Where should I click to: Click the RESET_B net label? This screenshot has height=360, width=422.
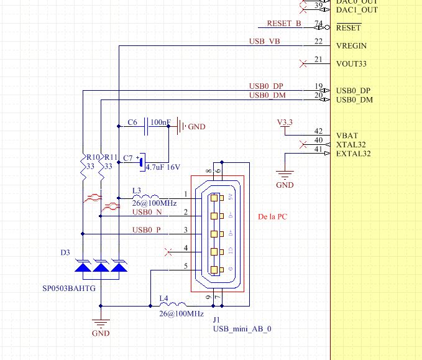coord(283,24)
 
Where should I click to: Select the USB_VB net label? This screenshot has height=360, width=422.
coord(264,42)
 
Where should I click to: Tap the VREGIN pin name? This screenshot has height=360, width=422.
coord(351,45)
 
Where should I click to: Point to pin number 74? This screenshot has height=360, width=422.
coord(318,24)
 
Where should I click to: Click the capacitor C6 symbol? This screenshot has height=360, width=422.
coord(147,127)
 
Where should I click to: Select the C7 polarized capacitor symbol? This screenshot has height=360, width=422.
coord(141,162)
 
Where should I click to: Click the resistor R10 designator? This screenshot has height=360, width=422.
coord(93,158)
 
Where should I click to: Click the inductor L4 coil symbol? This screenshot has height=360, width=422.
coord(163,305)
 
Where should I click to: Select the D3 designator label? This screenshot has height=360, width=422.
coord(65,253)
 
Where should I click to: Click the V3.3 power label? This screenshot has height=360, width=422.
coord(285,122)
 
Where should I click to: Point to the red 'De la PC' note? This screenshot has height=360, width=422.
coord(273,218)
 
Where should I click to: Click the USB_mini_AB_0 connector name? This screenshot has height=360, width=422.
coord(242,329)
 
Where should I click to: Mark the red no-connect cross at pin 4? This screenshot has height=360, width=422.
coord(167,252)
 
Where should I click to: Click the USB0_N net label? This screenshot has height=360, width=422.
coord(146,213)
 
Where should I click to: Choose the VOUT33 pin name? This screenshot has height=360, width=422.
coord(352,63)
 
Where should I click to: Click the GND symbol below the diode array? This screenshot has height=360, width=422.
coord(100,325)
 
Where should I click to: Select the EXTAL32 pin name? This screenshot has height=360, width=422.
coord(353,153)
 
